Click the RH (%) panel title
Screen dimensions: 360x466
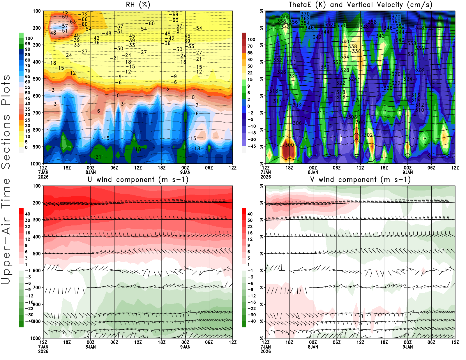click(x=138, y=5)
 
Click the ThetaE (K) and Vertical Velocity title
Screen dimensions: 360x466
click(x=360, y=5)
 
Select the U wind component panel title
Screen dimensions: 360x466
click(x=138, y=180)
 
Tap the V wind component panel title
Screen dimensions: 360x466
click(x=360, y=180)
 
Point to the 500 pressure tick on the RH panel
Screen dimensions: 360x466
click(x=37, y=79)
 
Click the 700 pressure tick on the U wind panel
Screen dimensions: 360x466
click(x=37, y=287)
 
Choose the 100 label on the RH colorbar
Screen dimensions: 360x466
click(x=29, y=38)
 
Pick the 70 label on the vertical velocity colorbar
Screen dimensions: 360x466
click(x=250, y=46)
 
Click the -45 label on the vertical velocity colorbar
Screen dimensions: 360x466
click(x=251, y=146)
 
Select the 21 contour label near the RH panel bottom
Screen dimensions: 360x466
click(x=98, y=157)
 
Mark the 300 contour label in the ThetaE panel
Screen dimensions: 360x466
click(x=289, y=145)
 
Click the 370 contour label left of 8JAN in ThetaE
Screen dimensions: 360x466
click(x=305, y=14)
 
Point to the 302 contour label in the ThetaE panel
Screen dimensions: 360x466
click(x=368, y=135)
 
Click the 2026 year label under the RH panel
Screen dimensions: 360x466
click(x=43, y=177)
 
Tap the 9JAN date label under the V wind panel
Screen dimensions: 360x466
click(x=408, y=347)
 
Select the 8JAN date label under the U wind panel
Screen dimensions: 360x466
click(x=91, y=347)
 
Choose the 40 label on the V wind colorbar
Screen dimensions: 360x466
click(x=250, y=214)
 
